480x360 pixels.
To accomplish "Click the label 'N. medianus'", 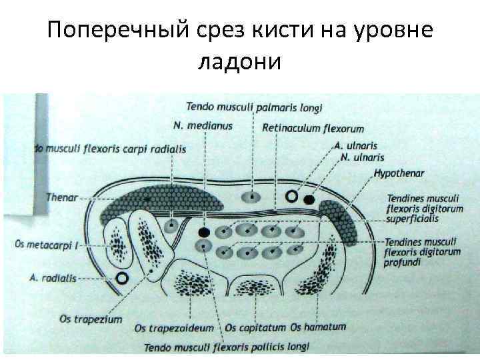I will tap(203, 126).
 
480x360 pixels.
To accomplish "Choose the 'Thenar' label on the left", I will tap(61, 197).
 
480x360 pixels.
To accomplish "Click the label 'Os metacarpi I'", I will tap(45, 245).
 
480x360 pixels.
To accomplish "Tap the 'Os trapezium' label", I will tap(91, 319).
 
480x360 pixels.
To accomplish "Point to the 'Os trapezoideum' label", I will tap(174, 328).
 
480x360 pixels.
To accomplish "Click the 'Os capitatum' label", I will tap(255, 328).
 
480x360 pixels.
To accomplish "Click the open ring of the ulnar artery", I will tap(291, 197).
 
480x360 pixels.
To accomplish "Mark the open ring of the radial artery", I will tap(121, 278).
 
